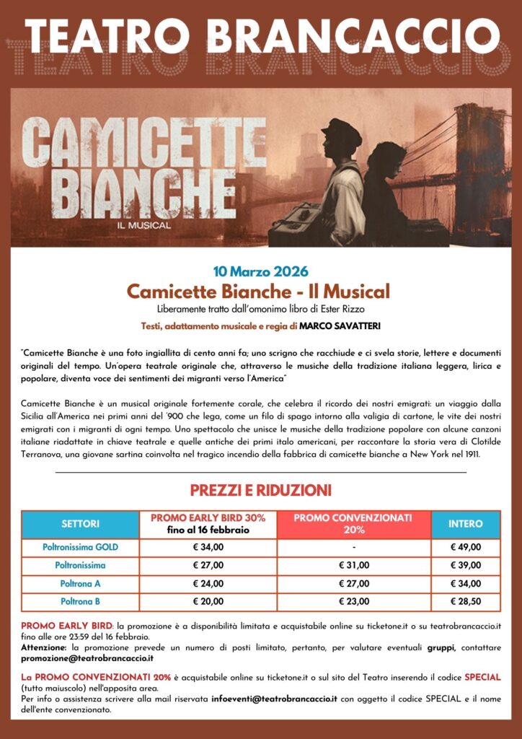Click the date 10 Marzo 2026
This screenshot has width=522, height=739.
coord(260,272)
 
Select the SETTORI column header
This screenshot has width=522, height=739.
coord(80,523)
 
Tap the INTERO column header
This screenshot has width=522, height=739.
coord(466,523)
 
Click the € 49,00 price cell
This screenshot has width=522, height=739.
coord(466,547)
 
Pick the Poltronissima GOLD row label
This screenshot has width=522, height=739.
coord(80,547)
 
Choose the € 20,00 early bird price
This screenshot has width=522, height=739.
coord(208,601)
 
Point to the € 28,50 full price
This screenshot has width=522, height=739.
coord(466,601)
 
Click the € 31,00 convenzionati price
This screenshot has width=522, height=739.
coord(353,565)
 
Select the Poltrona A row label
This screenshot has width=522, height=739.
coord(80,583)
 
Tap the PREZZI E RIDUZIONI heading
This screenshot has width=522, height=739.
coord(260,491)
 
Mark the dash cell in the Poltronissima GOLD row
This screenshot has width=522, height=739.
coord(353,547)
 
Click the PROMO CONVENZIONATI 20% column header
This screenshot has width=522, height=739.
coord(353,523)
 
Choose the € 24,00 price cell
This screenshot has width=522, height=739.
coord(208,583)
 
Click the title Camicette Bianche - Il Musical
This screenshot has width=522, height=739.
coord(258,292)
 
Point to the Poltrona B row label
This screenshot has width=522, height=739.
coord(80,601)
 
